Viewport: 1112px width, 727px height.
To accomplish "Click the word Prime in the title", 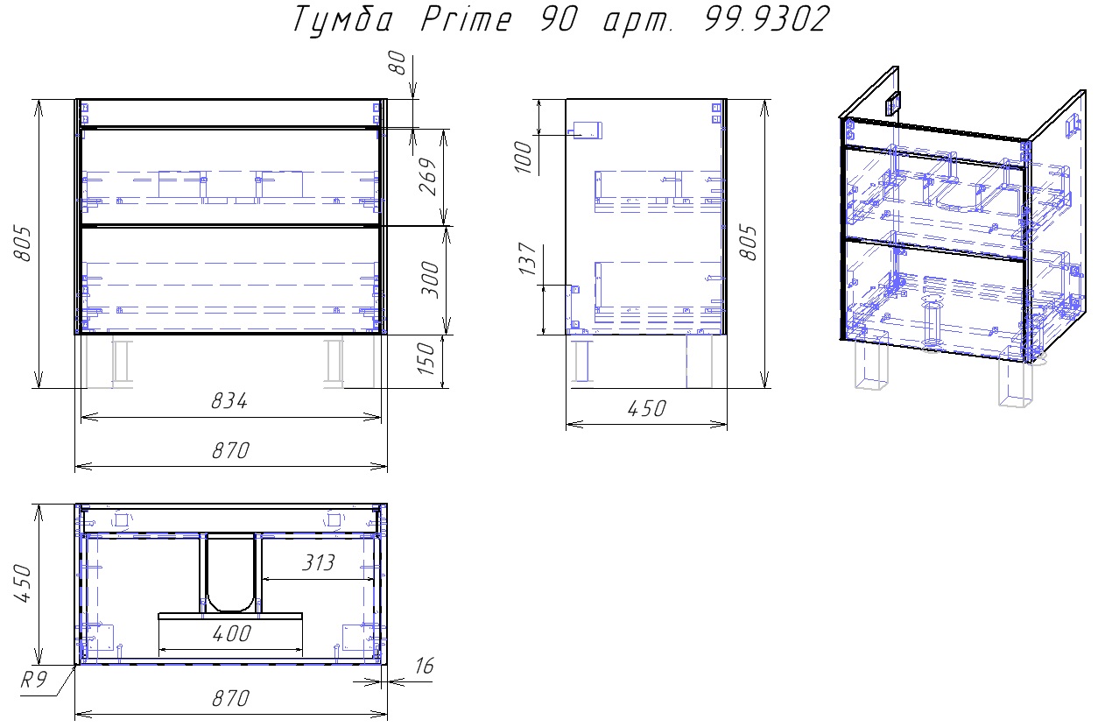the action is (466, 20).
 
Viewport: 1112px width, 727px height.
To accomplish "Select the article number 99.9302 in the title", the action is (766, 20).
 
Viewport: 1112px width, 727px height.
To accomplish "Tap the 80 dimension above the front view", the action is (398, 63).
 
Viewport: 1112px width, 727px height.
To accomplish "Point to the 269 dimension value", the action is (428, 176).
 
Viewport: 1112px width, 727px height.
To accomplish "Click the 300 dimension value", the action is (431, 279).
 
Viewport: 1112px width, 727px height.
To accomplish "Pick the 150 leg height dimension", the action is (426, 358).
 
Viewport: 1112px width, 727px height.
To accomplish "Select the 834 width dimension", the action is (229, 401).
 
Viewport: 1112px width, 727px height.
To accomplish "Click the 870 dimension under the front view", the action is (230, 450).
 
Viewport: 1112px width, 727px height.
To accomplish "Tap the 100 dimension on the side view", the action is (523, 158).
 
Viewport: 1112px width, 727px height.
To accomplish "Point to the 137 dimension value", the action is (527, 258).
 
